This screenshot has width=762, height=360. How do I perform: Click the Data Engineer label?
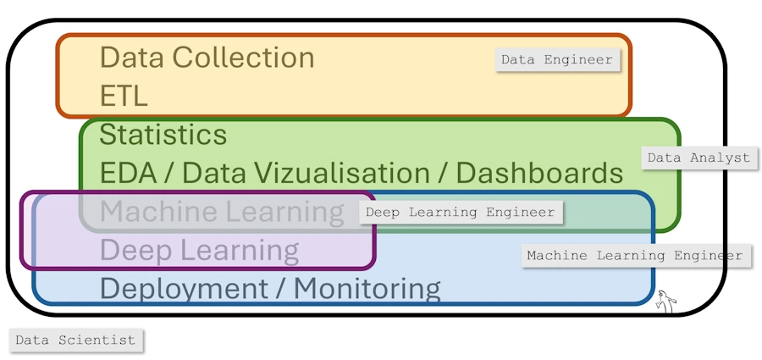(x=556, y=60)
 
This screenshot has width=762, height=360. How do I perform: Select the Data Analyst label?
(x=698, y=158)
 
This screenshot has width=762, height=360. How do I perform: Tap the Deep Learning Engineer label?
(x=460, y=213)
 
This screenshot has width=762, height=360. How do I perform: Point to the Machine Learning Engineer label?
(x=634, y=255)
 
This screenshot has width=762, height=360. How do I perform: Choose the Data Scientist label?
(x=75, y=341)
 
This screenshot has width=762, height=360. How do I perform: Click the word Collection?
(x=243, y=58)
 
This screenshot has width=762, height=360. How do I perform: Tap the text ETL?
(x=124, y=96)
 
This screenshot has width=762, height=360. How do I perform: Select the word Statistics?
(x=163, y=135)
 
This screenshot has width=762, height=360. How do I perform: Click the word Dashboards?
(x=539, y=173)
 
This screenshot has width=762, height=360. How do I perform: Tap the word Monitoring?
(x=367, y=289)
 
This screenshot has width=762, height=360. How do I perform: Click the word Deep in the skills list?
(x=130, y=251)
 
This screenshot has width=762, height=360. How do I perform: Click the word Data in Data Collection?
(x=131, y=58)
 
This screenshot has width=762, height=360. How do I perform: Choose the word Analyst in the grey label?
(x=721, y=158)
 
